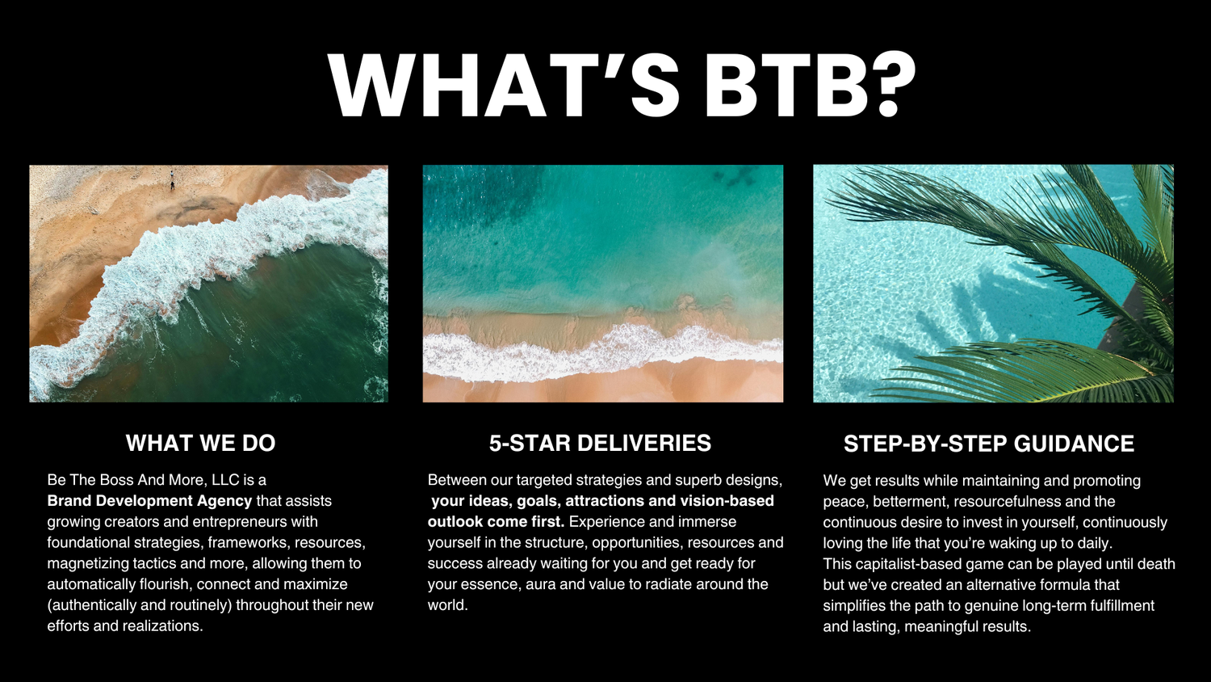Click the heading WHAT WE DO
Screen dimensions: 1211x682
pos(200,443)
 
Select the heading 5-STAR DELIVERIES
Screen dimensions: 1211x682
pos(600,443)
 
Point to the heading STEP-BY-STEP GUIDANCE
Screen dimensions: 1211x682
pos(989,444)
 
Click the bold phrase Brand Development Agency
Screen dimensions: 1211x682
pos(149,501)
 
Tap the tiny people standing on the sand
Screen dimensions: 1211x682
pos(172,181)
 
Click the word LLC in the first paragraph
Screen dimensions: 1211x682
pos(225,480)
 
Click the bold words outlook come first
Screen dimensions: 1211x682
pos(496,522)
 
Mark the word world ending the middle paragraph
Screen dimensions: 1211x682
pos(447,605)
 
